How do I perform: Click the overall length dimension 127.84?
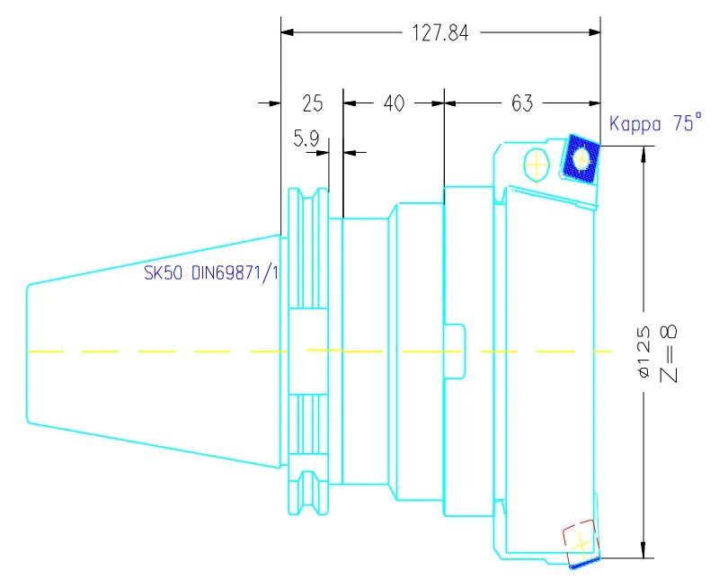click(x=440, y=33)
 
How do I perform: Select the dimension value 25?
click(x=312, y=104)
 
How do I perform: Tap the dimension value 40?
click(x=394, y=104)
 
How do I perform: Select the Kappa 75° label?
click(x=655, y=125)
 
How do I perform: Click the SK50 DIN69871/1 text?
click(x=212, y=272)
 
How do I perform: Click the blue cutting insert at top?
click(x=581, y=158)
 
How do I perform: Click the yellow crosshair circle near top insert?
click(x=537, y=166)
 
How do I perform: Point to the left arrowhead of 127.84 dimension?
click(x=289, y=33)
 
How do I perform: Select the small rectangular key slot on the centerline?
click(x=457, y=350)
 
